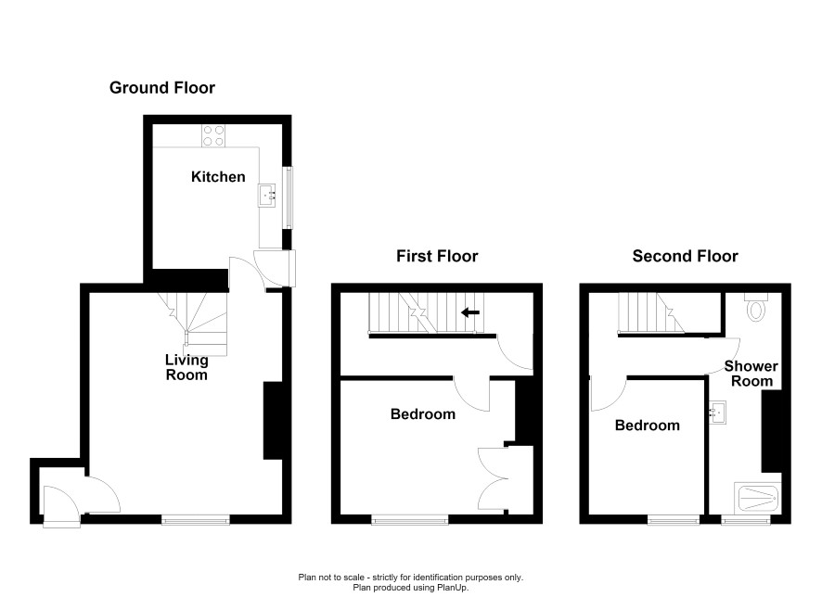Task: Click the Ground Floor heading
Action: pos(162,87)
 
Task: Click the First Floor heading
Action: pos(437,256)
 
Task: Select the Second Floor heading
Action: pos(686,256)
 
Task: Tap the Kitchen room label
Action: pos(218,177)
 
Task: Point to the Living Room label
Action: pos(186,367)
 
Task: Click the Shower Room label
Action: pos(751,374)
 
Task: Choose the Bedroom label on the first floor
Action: pos(423,414)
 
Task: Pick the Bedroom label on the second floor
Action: pos(648,426)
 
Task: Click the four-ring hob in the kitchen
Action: pos(214,135)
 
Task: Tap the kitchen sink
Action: pos(267,196)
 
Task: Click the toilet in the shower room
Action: pos(756,308)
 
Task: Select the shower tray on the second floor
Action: pos(757,498)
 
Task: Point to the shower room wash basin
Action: pos(718,413)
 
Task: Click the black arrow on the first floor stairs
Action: pos(470,312)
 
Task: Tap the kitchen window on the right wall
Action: pos(288,197)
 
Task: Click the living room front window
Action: pos(196,519)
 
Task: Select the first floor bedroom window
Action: pos(410,519)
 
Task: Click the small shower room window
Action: pos(746,519)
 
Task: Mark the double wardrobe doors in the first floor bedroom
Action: pos(493,478)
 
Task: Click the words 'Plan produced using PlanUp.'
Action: pos(411,588)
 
